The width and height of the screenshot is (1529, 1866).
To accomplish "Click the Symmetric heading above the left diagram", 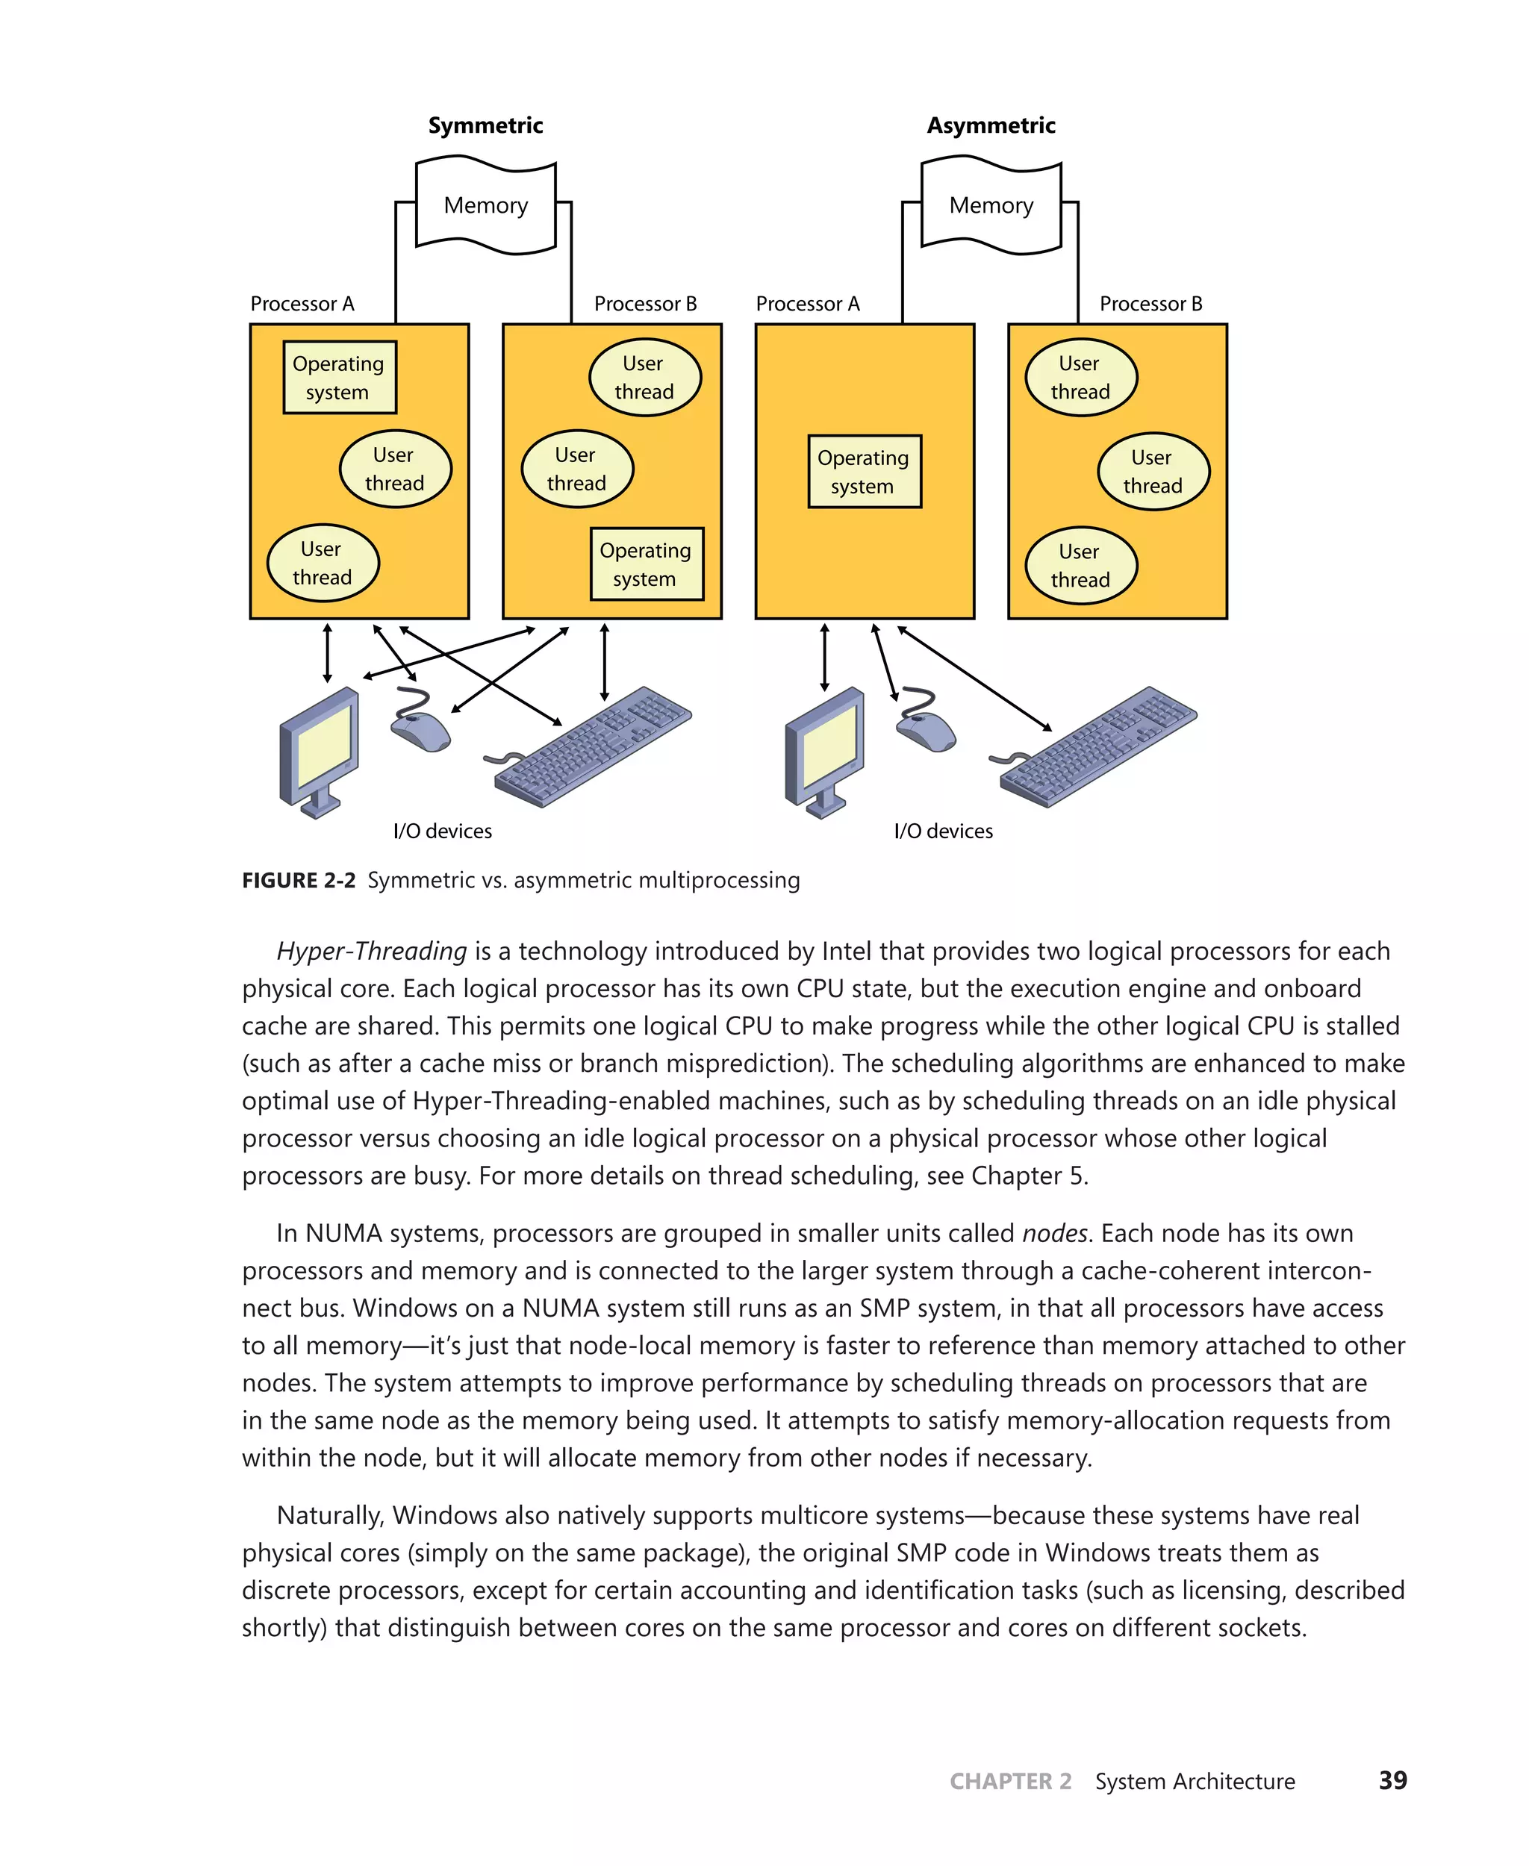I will click(x=485, y=125).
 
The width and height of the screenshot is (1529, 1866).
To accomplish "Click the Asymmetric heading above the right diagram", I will click(x=991, y=125).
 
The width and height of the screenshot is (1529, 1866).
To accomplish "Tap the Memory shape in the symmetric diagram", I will click(x=485, y=205).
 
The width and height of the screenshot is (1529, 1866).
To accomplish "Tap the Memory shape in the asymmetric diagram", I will click(x=991, y=205).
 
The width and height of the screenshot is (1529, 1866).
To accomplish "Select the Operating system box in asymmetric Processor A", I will click(x=864, y=471).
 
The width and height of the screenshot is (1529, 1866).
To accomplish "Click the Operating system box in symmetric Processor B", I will click(x=647, y=564).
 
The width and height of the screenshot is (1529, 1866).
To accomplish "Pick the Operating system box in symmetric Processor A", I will click(x=339, y=377).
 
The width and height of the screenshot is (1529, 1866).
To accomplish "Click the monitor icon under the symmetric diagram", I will click(x=318, y=751).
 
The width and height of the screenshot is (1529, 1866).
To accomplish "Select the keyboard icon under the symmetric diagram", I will click(x=592, y=748).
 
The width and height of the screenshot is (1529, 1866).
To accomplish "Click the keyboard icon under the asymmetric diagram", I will click(x=1098, y=748).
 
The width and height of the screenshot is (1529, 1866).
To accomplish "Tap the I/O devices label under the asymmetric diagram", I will click(x=943, y=831).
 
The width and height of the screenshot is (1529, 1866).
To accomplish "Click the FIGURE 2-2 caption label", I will click(x=299, y=881).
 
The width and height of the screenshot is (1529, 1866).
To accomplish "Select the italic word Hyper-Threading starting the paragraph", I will click(x=371, y=951).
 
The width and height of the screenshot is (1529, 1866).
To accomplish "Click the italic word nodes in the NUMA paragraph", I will click(x=1054, y=1233).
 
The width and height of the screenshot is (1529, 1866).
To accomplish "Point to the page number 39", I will click(x=1392, y=1781).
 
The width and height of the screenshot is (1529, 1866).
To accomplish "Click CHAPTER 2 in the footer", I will click(x=1010, y=1782).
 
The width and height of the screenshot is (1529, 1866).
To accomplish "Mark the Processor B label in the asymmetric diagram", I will click(x=1150, y=304).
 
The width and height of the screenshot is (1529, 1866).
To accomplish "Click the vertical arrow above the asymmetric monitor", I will click(x=824, y=657).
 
